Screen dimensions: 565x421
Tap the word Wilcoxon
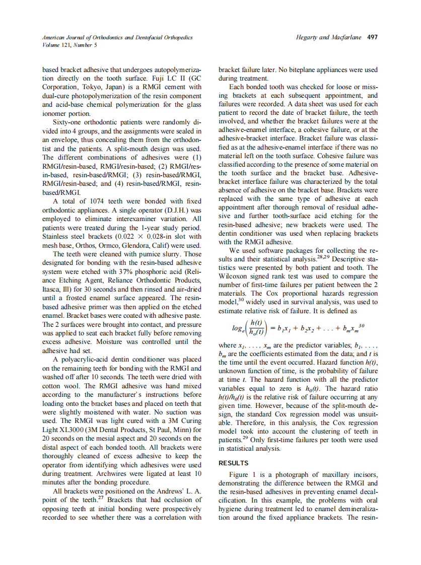(x=234, y=276)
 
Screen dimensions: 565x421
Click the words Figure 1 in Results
(x=244, y=474)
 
